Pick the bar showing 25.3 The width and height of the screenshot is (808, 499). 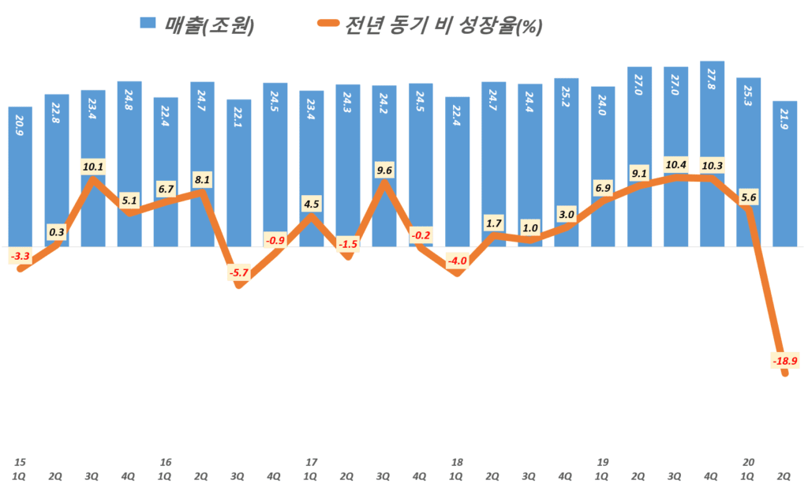[749, 162]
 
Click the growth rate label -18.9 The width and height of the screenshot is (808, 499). [783, 361]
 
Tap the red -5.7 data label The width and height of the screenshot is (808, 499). [238, 272]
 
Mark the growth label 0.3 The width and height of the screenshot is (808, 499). [57, 231]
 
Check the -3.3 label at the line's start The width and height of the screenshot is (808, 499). [20, 257]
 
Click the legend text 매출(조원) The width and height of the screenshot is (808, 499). [209, 25]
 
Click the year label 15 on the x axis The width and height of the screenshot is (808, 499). [21, 462]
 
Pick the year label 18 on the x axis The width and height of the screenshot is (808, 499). [457, 462]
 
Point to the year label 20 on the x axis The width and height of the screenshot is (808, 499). [749, 462]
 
